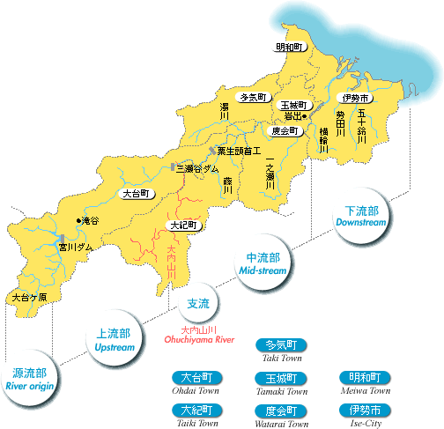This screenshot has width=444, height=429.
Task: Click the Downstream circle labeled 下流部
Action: pyautogui.click(x=360, y=217)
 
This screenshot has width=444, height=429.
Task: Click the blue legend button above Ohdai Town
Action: pyautogui.click(x=194, y=377)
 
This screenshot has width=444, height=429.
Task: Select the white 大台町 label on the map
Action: pyautogui.click(x=138, y=192)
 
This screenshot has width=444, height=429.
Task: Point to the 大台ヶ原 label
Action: pyautogui.click(x=29, y=299)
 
